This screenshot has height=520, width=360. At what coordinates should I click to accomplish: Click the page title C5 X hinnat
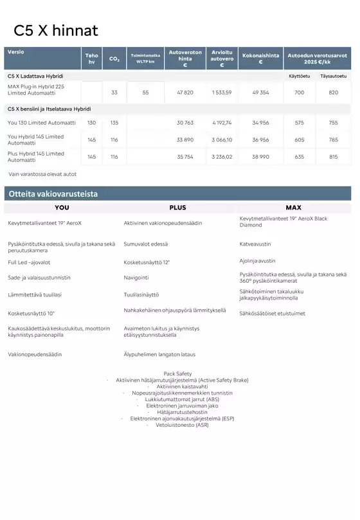tap(56, 30)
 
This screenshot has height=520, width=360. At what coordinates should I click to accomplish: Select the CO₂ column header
tap(114, 59)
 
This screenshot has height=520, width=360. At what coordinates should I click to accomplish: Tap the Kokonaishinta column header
tap(260, 58)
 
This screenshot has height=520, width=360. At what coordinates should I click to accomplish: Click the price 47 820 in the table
tap(184, 93)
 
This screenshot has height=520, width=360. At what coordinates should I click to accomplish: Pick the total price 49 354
tap(260, 93)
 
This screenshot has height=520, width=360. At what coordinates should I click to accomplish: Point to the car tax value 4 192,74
tap(222, 122)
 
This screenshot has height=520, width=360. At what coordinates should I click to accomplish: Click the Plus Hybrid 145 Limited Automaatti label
tap(36, 156)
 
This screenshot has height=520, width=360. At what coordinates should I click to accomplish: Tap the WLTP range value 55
tap(145, 93)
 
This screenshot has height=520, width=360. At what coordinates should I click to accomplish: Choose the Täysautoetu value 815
tap(333, 157)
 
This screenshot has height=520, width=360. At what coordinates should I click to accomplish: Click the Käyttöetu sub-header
tap(299, 76)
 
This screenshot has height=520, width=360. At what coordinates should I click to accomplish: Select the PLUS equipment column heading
tap(177, 208)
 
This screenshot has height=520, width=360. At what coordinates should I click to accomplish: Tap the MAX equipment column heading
tap(293, 208)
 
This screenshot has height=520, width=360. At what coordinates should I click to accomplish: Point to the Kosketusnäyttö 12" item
tap(147, 262)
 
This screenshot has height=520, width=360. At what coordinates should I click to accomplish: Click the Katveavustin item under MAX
tap(255, 244)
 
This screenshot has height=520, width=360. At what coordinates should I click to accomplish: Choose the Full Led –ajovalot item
tap(29, 262)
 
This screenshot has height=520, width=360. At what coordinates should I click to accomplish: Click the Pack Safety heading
tap(177, 373)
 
